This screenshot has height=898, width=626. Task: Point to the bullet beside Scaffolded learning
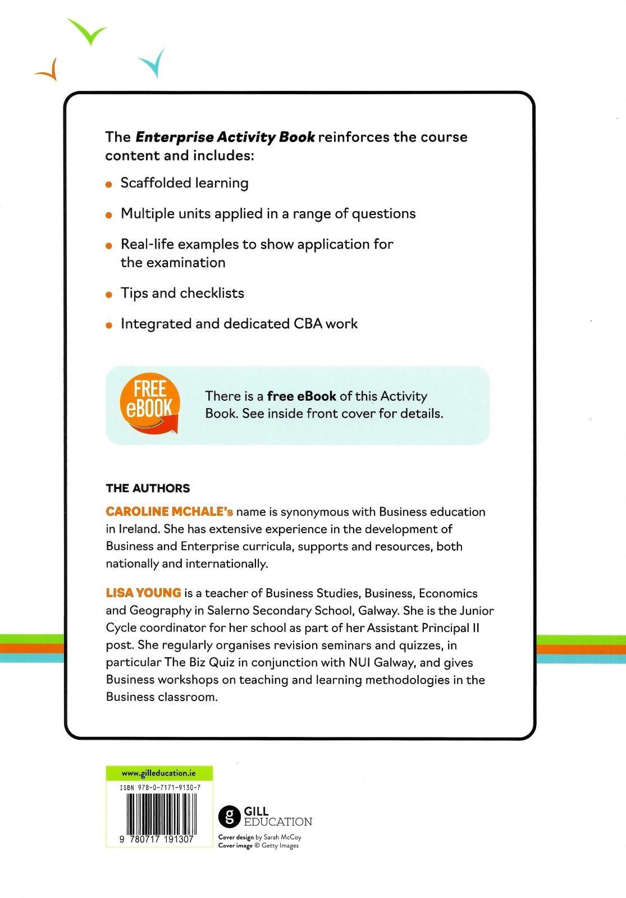(x=109, y=184)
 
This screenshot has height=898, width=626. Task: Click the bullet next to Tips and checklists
(x=109, y=294)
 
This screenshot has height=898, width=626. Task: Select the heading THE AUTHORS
(x=148, y=488)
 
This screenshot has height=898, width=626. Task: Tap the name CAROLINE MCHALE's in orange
(x=170, y=512)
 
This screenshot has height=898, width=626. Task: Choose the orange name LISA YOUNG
(x=143, y=593)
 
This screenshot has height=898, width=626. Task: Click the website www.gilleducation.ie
(x=158, y=773)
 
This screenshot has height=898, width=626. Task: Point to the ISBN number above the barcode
(x=160, y=789)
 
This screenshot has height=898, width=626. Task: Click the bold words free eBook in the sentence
(x=301, y=396)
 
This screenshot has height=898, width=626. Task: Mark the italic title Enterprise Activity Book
(x=225, y=137)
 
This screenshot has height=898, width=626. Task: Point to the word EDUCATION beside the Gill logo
(x=278, y=822)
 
